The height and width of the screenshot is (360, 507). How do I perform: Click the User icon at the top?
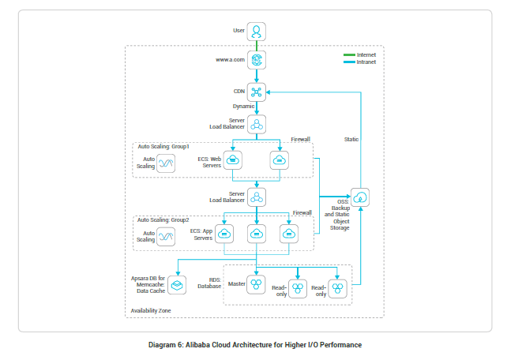pos(257,31)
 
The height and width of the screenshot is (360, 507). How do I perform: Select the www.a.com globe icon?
pos(257,60)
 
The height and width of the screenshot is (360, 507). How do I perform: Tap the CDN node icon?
pos(257,91)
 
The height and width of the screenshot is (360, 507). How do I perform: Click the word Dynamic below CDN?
pos(243,106)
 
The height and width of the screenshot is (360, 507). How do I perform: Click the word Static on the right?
pos(351,139)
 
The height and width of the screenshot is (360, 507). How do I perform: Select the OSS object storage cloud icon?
pos(360,197)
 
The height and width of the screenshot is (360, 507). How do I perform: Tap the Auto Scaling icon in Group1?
pos(166,163)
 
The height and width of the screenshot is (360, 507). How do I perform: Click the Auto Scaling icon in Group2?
pos(166,235)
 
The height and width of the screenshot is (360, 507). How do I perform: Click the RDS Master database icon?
pos(257,283)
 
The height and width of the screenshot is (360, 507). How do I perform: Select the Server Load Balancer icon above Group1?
pos(257,124)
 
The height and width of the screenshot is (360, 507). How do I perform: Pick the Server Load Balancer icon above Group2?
pos(257,197)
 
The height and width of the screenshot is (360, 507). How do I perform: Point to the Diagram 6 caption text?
pos(253,345)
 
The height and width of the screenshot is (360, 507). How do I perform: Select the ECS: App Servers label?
pos(202,234)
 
